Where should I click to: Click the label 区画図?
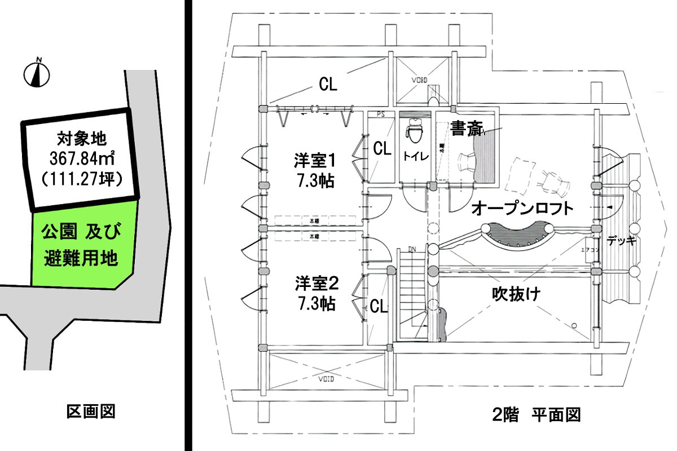[91, 412]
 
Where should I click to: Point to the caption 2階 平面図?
[536, 415]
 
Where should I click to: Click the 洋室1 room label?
[315, 161]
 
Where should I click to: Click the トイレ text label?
[415, 157]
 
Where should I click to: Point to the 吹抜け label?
[516, 294]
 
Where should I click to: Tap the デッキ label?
[622, 241]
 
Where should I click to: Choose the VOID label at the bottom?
[326, 378]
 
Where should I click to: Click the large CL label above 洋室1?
[328, 85]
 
